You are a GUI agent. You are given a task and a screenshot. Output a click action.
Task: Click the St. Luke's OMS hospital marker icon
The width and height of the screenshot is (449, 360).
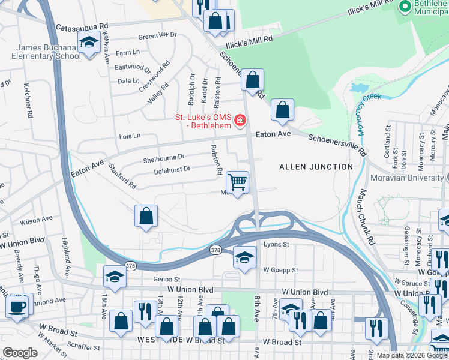pos(240,121)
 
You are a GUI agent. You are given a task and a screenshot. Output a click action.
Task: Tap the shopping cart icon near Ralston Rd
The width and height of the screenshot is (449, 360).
pos(238,182)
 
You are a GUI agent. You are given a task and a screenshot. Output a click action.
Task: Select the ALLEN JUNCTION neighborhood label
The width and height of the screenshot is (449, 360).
pos(316,166)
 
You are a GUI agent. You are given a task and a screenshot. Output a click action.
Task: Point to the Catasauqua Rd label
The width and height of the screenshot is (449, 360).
pos(82,27)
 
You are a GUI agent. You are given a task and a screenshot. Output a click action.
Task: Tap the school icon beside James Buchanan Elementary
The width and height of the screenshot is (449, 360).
pos(89,44)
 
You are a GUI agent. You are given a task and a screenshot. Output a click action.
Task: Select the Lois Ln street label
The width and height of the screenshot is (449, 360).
pos(130,136)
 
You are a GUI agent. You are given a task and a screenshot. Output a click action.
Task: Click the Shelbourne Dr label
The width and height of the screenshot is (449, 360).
pos(163,159)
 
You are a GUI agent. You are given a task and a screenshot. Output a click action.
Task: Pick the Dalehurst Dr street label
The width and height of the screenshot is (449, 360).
pos(172,169)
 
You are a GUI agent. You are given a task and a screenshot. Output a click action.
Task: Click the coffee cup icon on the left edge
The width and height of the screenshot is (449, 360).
pos(17,307)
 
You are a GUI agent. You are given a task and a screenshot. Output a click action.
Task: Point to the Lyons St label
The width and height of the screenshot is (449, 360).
pos(277,244)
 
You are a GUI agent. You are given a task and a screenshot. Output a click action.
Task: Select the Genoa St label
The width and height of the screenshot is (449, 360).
pos(167,279)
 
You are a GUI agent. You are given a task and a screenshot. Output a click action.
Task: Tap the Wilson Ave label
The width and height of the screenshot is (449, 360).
pos(36,221)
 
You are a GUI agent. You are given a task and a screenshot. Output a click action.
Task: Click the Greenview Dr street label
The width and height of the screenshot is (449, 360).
pos(157,35)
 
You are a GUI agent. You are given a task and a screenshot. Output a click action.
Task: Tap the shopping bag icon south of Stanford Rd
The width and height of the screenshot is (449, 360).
pos(146,216)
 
